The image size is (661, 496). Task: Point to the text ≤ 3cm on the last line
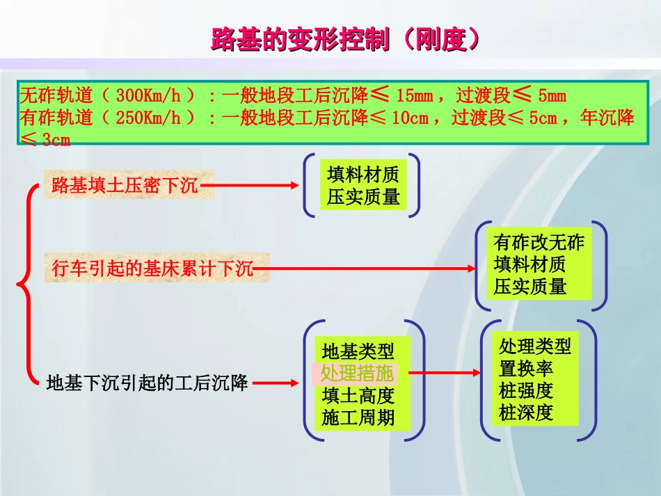point(46,139)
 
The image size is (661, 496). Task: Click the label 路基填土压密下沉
point(126,186)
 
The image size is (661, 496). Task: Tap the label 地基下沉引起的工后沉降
point(148,382)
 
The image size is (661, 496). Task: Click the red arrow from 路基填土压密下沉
point(254,186)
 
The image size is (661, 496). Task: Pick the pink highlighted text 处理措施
point(357,373)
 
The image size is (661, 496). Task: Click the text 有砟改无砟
point(539,243)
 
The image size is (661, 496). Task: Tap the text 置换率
point(526,368)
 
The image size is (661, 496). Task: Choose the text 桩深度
point(526,413)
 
